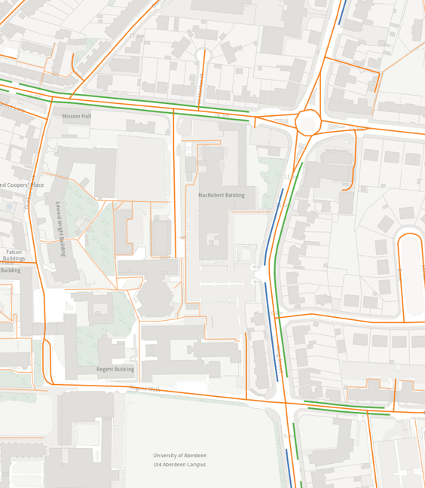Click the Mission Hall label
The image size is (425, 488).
[76, 117]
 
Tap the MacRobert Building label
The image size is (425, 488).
[222, 195]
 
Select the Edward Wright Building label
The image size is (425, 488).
[60, 228]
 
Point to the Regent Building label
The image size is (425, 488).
[115, 370]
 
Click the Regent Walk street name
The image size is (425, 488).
[145, 389]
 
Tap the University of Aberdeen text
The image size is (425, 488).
[179, 456]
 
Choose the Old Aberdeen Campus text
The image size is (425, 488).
[179, 465]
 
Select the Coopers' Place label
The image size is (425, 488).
[22, 185]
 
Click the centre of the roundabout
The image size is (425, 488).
[308, 121]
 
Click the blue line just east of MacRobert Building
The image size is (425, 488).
[273, 226]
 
